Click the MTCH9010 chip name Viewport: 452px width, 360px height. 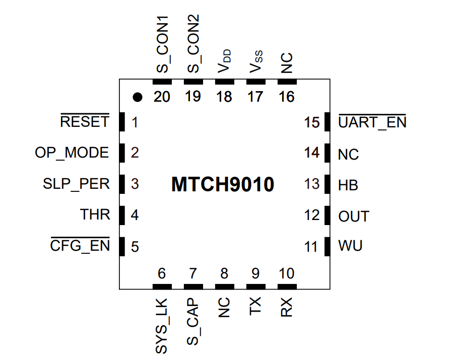coord(222,185)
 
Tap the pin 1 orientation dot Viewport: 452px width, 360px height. coord(137,97)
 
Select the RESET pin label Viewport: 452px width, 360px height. coord(84,122)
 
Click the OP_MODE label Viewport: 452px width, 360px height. coord(72,153)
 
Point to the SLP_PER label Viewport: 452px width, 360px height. coord(76,184)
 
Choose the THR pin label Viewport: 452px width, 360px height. coord(95,214)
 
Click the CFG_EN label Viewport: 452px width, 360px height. coord(80,247)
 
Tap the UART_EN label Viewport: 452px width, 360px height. coord(372,122)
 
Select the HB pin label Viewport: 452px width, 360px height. coord(348,185)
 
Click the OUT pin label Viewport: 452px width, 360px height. coord(354,217)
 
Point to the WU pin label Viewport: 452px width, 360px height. coord(350,247)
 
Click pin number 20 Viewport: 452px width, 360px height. coord(162,97)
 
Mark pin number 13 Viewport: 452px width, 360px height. coord(312,184)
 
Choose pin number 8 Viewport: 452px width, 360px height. coord(224,274)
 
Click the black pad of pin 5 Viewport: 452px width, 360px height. coord(121,246)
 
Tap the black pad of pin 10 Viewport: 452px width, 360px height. coord(287,286)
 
